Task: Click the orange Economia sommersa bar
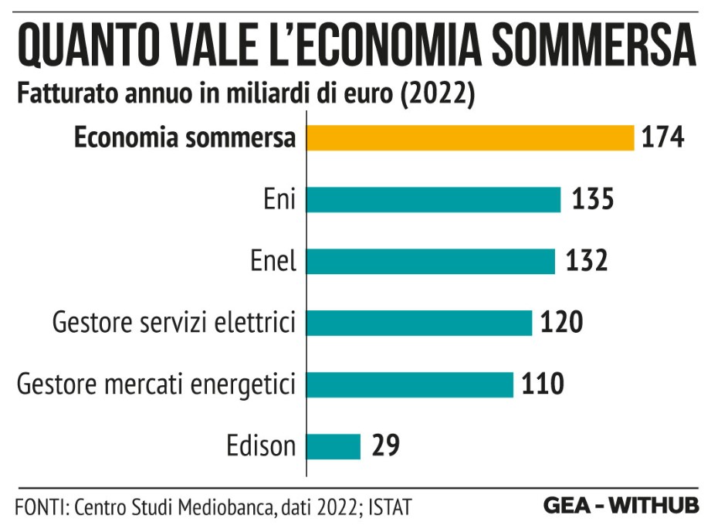point(470,138)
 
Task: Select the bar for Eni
point(433,200)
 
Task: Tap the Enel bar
point(431,261)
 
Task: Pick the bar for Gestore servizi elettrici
point(419,323)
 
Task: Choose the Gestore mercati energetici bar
point(410,384)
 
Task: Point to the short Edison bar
point(333,446)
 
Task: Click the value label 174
point(662,138)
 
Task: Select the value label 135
point(592,200)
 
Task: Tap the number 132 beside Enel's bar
point(587,261)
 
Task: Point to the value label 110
point(544,384)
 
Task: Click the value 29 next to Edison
point(385,446)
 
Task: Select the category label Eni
point(279,200)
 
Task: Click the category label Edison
point(261,446)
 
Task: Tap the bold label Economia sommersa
point(185,138)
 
